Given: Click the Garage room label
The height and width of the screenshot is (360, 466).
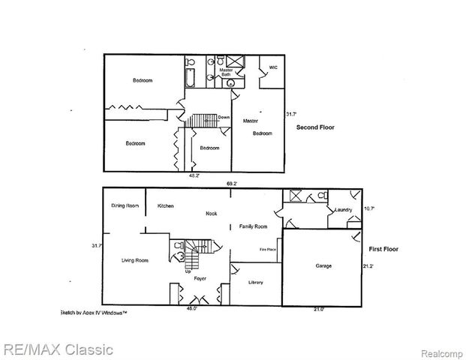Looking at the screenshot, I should click(x=323, y=265).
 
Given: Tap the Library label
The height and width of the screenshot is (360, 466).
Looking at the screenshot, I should click(x=255, y=282).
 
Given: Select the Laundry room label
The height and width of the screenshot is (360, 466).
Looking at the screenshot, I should click(x=344, y=209).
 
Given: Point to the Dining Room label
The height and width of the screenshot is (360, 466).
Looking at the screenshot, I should click(x=125, y=205).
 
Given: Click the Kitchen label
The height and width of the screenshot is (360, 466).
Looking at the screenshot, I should click(x=166, y=205).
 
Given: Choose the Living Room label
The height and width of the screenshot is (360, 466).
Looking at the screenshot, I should click(x=135, y=260).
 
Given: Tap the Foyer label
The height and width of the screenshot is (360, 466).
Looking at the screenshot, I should click(x=200, y=278).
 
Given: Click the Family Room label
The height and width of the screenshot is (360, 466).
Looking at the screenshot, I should click(x=253, y=226).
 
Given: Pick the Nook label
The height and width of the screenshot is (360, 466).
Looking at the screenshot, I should click(x=212, y=214).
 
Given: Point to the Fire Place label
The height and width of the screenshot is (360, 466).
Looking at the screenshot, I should click(x=268, y=249).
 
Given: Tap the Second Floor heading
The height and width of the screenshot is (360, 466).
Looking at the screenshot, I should click(x=315, y=127).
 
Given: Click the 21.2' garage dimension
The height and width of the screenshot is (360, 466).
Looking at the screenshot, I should click(x=368, y=265).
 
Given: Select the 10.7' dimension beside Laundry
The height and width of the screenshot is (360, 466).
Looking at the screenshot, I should click(x=368, y=208).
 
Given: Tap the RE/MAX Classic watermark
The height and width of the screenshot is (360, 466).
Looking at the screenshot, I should click(x=58, y=349).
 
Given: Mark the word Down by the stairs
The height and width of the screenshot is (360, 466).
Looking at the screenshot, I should click(x=224, y=118).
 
